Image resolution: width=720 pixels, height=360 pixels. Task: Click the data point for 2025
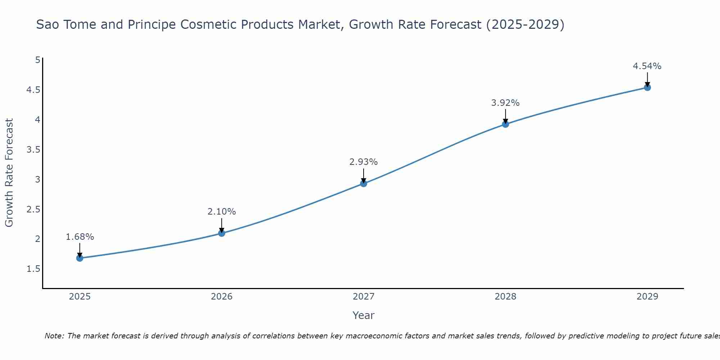point(80,258)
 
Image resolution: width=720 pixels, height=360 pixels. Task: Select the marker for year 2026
point(222,233)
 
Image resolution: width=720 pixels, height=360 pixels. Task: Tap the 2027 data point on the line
point(364,184)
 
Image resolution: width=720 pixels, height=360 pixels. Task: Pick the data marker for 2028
point(505,124)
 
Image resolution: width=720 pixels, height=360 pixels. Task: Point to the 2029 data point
point(647,87)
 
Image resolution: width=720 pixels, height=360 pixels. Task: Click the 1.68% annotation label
point(80,237)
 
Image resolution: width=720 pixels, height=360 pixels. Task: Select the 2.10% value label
point(222,212)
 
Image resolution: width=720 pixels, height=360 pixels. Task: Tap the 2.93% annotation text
point(364,162)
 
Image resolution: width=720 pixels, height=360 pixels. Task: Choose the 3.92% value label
point(505,103)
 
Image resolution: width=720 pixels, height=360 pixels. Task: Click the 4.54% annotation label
point(647,66)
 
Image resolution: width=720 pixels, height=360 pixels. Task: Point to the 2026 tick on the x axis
point(222,297)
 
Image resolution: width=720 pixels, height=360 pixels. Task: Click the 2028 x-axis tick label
point(505,297)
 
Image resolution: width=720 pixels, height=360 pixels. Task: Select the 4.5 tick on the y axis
point(33,90)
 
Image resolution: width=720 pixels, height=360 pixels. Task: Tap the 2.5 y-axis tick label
point(33,209)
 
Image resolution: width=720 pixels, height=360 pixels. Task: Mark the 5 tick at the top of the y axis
point(38,60)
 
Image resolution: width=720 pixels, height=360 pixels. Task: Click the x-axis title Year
point(364,315)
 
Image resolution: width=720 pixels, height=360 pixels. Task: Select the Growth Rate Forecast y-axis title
point(9,173)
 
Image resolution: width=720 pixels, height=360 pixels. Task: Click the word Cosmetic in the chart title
point(208,24)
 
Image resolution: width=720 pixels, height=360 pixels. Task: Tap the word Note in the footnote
point(54,336)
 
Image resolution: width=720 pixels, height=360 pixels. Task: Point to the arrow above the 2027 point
point(364,176)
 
